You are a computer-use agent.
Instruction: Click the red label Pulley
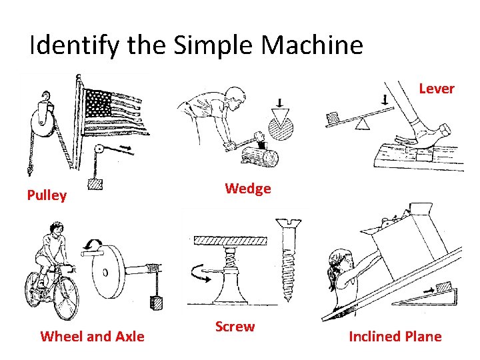point(47,195)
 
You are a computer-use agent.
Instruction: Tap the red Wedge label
point(248,189)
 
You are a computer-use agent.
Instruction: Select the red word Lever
point(437,89)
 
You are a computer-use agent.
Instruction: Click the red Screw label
point(235,326)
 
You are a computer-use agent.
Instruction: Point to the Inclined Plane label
point(395,337)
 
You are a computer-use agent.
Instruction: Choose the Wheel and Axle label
point(92,337)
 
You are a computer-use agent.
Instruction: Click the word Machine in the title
point(312,45)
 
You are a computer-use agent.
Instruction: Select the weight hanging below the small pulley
point(95,184)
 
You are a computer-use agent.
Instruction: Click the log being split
point(260,157)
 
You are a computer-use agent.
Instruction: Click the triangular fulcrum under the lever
point(362,124)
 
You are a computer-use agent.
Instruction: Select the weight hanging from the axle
point(156,302)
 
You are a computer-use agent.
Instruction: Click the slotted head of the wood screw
point(289,223)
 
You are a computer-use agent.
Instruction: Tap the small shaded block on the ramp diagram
point(443,287)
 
